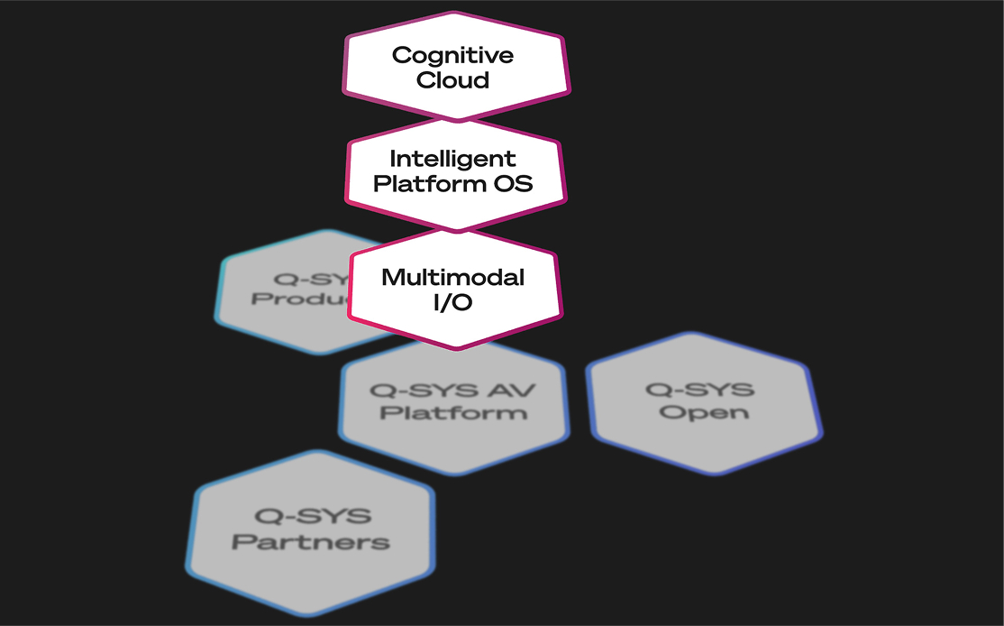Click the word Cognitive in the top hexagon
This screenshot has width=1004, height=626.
click(x=452, y=55)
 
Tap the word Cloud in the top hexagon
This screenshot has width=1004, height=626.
click(x=452, y=79)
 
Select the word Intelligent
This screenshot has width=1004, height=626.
click(x=452, y=159)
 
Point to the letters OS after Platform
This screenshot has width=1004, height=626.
click(x=514, y=184)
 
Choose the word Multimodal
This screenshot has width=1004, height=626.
click(x=452, y=277)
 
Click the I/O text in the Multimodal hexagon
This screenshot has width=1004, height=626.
click(x=452, y=302)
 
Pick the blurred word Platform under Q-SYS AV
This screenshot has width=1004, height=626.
click(x=453, y=413)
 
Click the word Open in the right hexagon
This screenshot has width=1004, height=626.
click(x=704, y=412)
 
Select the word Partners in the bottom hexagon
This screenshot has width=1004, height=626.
click(x=311, y=542)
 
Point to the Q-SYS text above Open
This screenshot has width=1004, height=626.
click(x=700, y=390)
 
